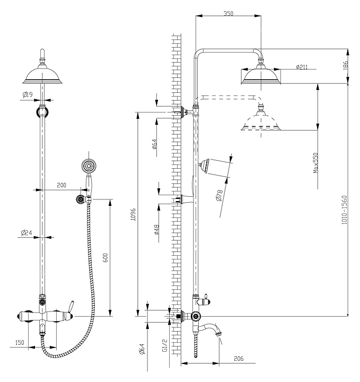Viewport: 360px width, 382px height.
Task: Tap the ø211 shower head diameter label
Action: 303,67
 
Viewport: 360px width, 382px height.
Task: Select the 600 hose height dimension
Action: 106,258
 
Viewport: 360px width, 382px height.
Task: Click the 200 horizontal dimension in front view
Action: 62,185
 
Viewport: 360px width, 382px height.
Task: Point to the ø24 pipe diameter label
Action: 27,232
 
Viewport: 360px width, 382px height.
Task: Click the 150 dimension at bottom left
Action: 19,343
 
